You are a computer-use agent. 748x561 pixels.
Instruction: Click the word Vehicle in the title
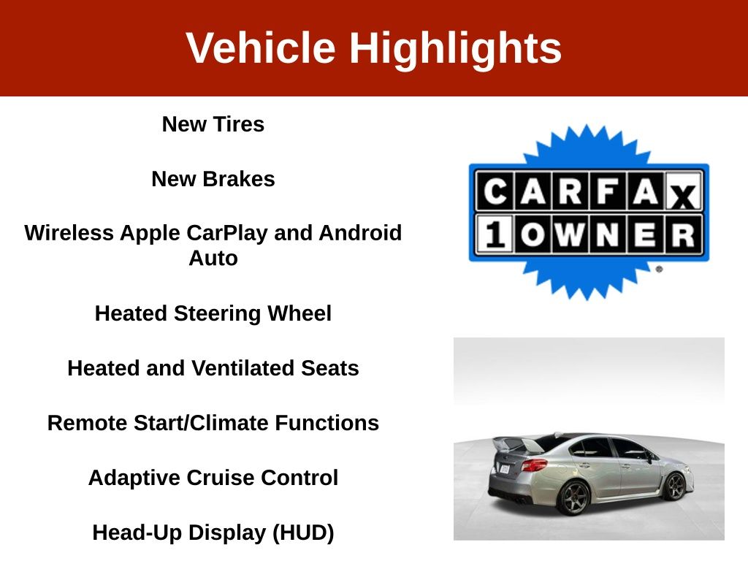click(261, 47)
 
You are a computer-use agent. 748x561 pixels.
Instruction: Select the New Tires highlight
click(213, 124)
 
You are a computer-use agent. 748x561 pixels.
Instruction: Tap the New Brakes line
click(213, 179)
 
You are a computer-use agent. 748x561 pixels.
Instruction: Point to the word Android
click(360, 233)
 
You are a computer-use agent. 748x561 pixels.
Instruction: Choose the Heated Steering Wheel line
click(213, 313)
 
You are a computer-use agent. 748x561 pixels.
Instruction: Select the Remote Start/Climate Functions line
click(213, 423)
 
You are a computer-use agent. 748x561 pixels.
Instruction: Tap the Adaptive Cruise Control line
click(213, 478)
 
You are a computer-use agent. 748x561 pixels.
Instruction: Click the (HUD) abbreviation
click(303, 533)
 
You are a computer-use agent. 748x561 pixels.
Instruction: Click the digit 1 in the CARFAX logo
click(495, 234)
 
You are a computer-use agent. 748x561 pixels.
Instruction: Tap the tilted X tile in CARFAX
click(683, 193)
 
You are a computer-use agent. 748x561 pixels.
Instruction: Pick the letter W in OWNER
click(570, 234)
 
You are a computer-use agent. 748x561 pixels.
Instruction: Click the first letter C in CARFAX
click(495, 191)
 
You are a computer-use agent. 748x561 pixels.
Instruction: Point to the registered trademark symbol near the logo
click(660, 269)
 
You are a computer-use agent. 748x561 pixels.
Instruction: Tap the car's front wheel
click(676, 486)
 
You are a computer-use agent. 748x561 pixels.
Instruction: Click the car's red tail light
click(534, 465)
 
